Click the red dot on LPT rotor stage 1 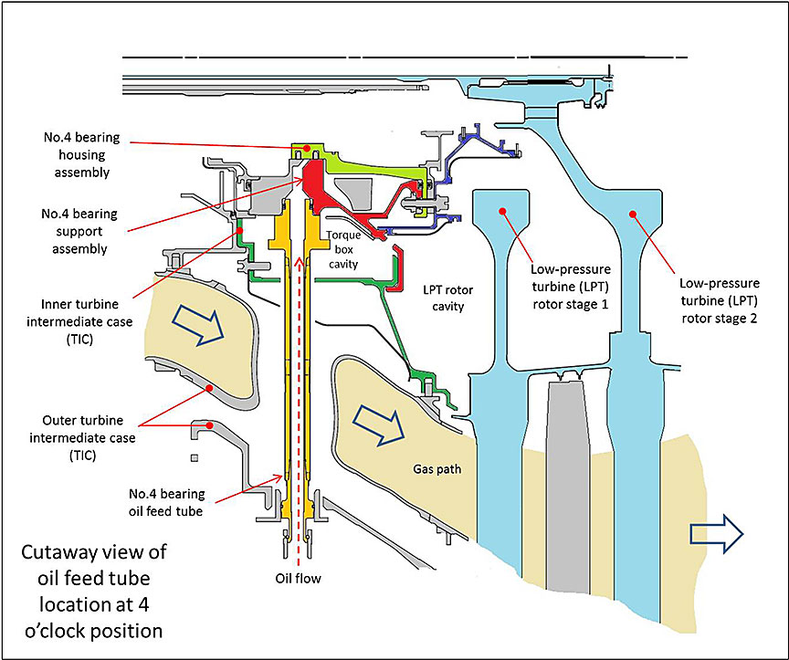tap(502, 211)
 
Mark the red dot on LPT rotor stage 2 tap(630, 213)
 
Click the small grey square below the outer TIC tap(194, 456)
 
